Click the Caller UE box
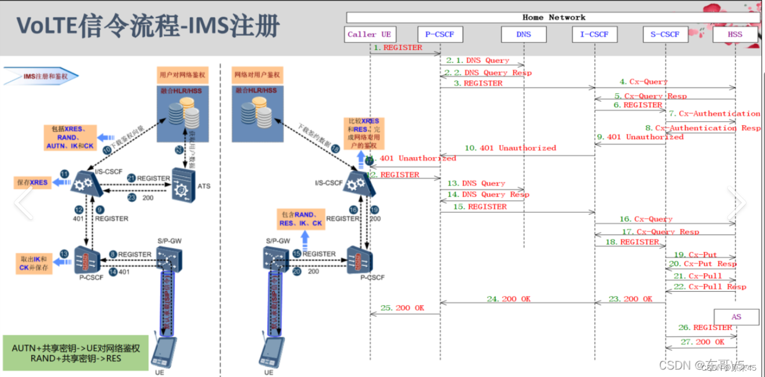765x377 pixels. pyautogui.click(x=369, y=34)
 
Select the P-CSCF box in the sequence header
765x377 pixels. pyautogui.click(x=440, y=34)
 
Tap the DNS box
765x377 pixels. pyautogui.click(x=524, y=34)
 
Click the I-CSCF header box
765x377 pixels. pyautogui.click(x=594, y=34)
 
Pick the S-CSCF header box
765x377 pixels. pyautogui.click(x=665, y=34)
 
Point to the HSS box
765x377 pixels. pyautogui.click(x=735, y=34)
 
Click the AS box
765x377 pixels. pyautogui.click(x=736, y=317)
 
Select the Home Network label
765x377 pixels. pyautogui.click(x=554, y=17)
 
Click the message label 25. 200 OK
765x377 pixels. pyautogui.click(x=402, y=308)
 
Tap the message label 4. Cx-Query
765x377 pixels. pyautogui.click(x=643, y=82)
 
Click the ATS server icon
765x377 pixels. pyautogui.click(x=183, y=184)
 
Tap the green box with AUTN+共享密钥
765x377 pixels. pyautogui.click(x=75, y=353)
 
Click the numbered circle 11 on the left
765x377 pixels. pyautogui.click(x=64, y=174)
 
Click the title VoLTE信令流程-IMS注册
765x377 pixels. pyautogui.click(x=148, y=26)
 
